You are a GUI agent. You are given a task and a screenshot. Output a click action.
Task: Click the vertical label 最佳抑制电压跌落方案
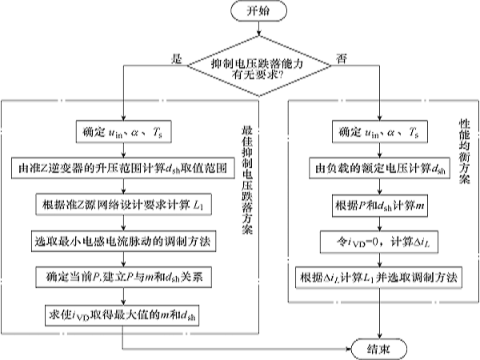[x=245, y=180]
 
